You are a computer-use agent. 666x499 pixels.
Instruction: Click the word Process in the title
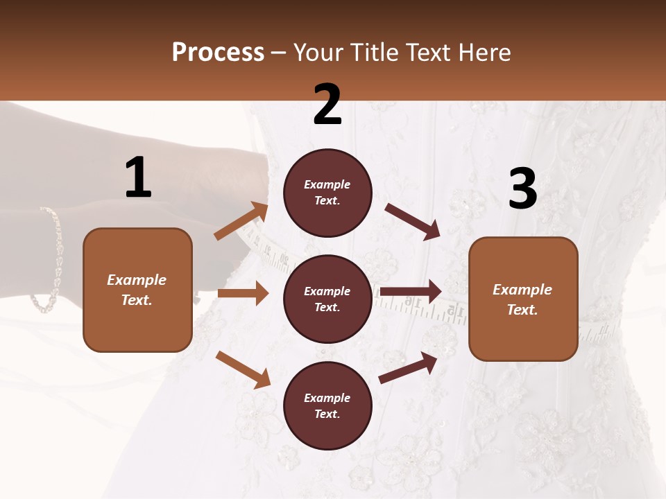pyautogui.click(x=218, y=53)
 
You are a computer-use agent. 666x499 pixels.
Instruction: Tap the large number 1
pyautogui.click(x=138, y=178)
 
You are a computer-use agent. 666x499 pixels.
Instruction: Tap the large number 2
pyautogui.click(x=327, y=104)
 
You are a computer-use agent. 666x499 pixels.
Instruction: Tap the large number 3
pyautogui.click(x=522, y=189)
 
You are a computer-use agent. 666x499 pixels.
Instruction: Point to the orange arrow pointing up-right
pyautogui.click(x=241, y=221)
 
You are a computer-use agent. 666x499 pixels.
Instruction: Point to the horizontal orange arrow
pyautogui.click(x=243, y=293)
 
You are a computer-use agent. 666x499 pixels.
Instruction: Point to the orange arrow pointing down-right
pyautogui.click(x=243, y=369)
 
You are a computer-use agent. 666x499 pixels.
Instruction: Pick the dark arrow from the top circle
pyautogui.click(x=413, y=222)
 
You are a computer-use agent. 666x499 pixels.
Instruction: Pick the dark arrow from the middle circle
pyautogui.click(x=411, y=291)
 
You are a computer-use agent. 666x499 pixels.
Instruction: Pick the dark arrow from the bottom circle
pyautogui.click(x=409, y=367)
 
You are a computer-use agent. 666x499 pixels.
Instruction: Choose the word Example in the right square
pyautogui.click(x=522, y=290)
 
